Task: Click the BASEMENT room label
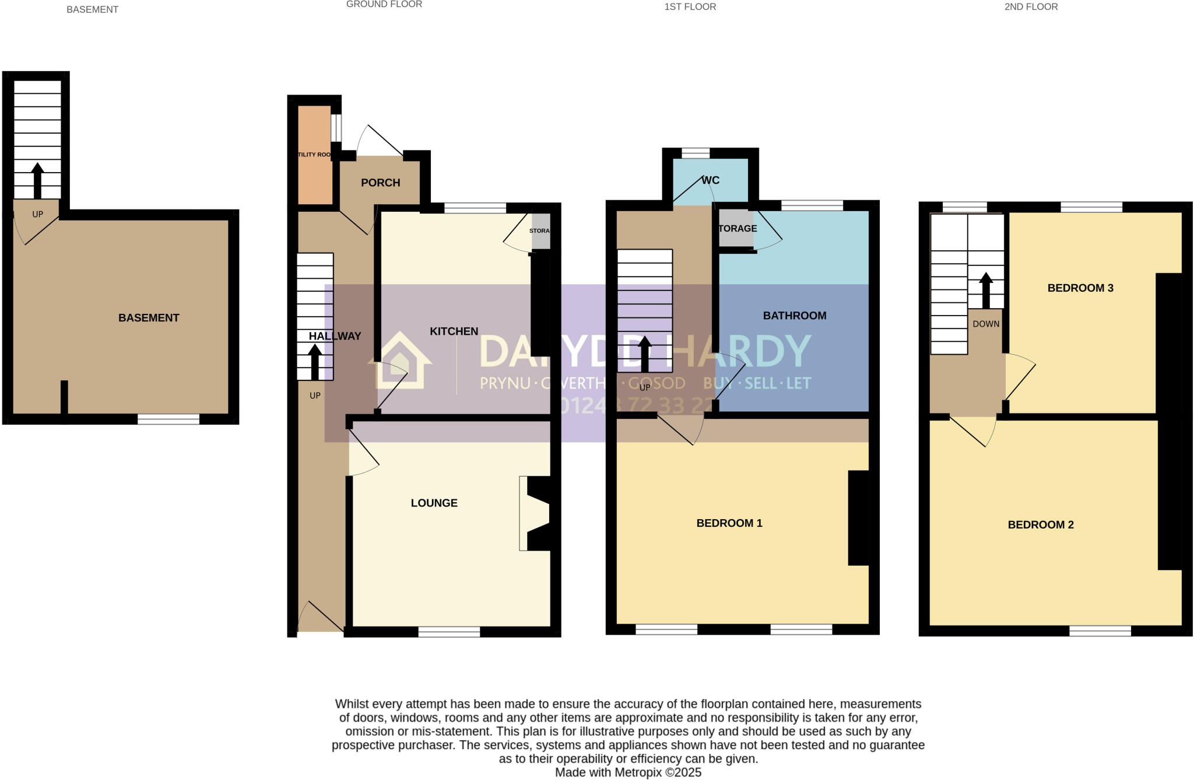pos(149,318)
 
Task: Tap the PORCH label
pos(380,183)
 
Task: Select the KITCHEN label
pos(454,331)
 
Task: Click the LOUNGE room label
pos(434,503)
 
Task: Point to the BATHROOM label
pos(794,316)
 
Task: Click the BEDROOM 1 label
pos(729,523)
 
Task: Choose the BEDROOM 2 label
pos(1040,524)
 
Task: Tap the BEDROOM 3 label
pos(1080,288)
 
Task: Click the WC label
pos(710,180)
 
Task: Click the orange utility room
pos(315,155)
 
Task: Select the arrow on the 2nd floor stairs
pos(985,289)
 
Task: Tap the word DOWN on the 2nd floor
pos(985,324)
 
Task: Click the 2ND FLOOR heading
pos(1030,7)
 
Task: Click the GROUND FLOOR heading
pos(384,5)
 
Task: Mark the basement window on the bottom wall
pos(168,419)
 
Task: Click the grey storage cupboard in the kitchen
pos(540,231)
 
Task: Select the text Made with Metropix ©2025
pos(627,772)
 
